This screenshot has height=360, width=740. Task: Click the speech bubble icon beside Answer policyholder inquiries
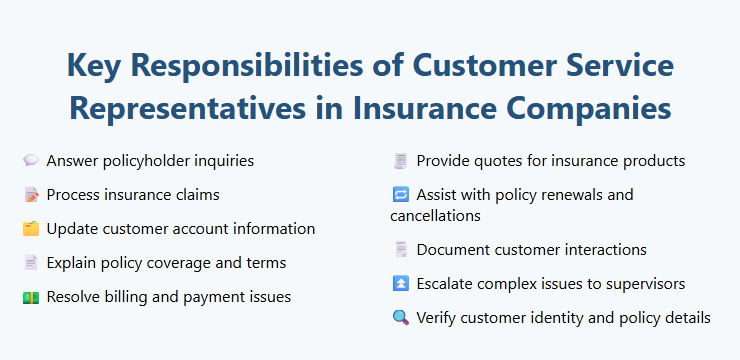31,160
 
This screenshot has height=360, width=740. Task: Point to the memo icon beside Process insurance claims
31,194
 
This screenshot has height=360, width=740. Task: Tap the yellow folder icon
31,229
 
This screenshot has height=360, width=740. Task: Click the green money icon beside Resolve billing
31,297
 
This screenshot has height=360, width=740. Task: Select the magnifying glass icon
401,318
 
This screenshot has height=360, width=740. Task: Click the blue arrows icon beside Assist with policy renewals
401,195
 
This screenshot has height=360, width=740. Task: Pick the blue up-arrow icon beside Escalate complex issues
401,284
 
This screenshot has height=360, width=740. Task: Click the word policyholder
146,160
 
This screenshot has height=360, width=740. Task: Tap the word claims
194,194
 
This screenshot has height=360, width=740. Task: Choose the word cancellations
435,215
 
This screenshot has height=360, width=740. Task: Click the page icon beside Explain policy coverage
31,263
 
